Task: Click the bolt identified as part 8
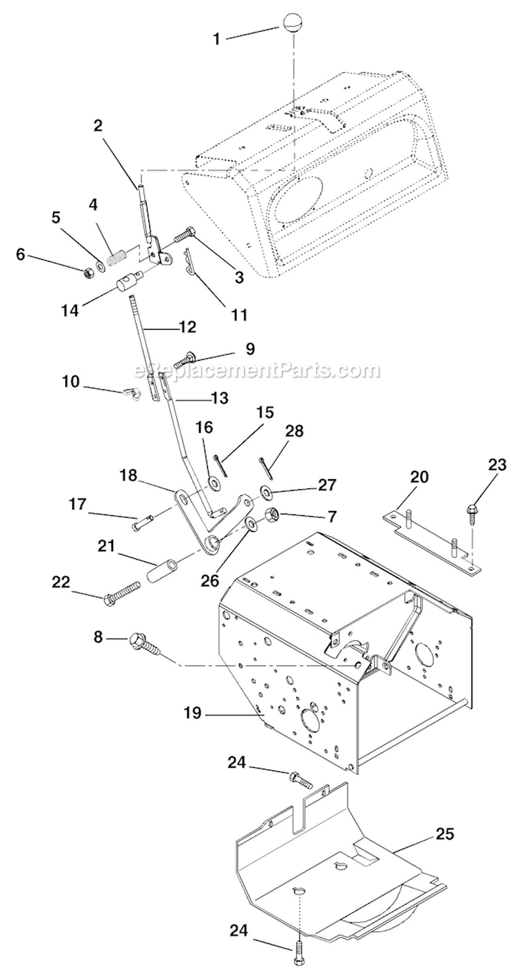point(143,641)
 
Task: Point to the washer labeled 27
point(266,493)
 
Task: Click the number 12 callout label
point(187,325)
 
